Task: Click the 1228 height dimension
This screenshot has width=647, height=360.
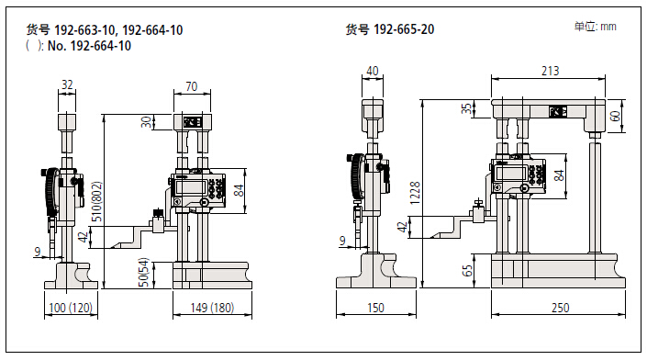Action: click(415, 193)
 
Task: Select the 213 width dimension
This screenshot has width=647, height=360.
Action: click(550, 71)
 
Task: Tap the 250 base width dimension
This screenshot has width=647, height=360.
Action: click(560, 308)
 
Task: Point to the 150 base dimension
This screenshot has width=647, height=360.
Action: click(375, 308)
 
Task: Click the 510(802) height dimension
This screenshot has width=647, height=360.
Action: click(96, 201)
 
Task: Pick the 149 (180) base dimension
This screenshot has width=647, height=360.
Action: click(212, 308)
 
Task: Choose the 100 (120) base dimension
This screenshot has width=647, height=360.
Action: click(71, 308)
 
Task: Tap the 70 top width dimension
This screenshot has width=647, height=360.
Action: click(192, 86)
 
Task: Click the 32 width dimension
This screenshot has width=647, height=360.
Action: click(67, 84)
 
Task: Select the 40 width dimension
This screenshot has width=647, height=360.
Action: click(373, 71)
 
